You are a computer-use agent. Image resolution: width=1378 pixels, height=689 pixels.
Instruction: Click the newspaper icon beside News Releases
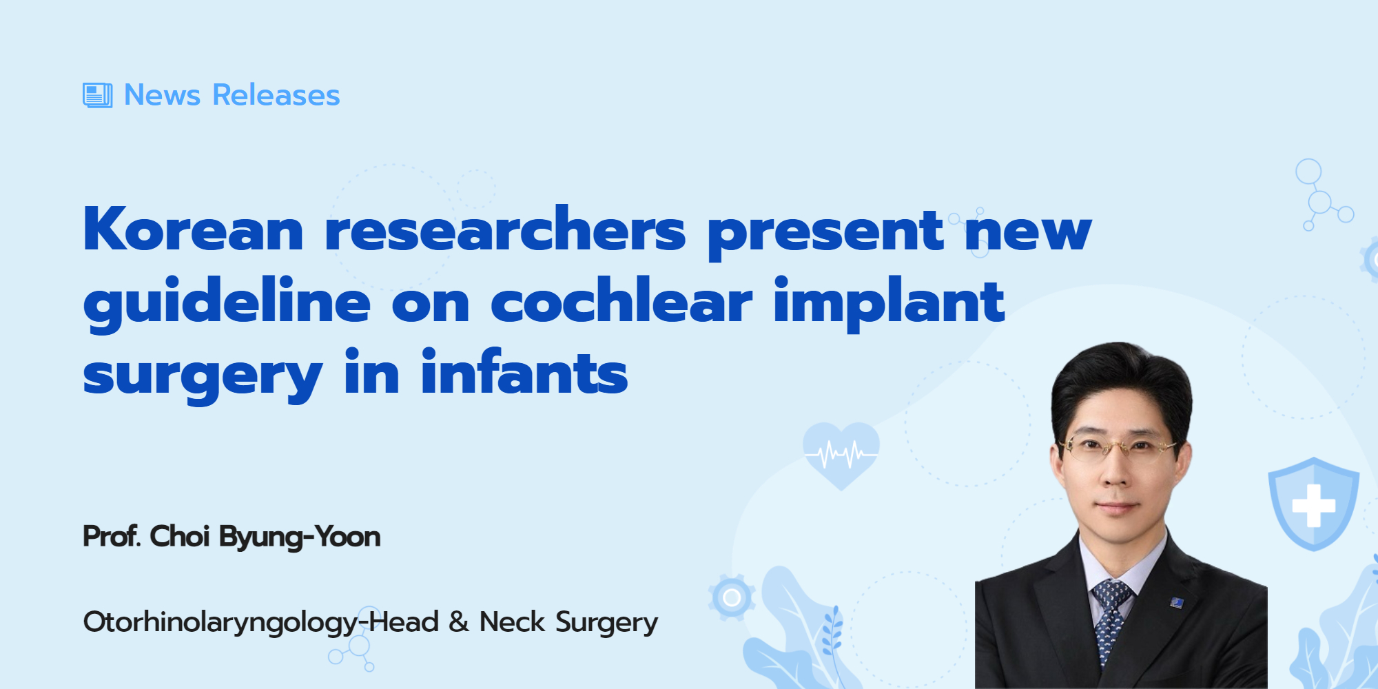tap(97, 95)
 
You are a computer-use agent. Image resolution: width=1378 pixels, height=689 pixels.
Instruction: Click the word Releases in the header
tap(276, 95)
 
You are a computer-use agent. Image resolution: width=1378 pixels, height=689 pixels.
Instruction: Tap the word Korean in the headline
tap(193, 229)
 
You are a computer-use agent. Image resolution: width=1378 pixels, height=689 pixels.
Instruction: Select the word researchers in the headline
tap(505, 229)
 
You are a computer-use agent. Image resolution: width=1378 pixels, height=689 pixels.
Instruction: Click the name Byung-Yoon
tap(300, 537)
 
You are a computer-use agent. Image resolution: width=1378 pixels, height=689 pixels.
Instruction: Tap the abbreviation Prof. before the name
tap(112, 536)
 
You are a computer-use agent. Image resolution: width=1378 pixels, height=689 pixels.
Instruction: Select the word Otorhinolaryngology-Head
tap(261, 623)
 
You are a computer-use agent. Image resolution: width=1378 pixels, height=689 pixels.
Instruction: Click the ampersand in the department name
tap(459, 622)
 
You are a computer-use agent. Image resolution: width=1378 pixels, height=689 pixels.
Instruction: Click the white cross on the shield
tap(1313, 506)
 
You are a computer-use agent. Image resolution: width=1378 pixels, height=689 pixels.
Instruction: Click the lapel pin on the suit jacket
tap(1177, 603)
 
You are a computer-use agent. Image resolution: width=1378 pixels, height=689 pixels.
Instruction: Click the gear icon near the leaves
tap(732, 597)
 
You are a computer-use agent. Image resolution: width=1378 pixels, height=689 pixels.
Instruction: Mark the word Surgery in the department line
tap(606, 623)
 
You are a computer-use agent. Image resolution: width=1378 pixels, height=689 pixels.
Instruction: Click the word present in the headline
tap(825, 233)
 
